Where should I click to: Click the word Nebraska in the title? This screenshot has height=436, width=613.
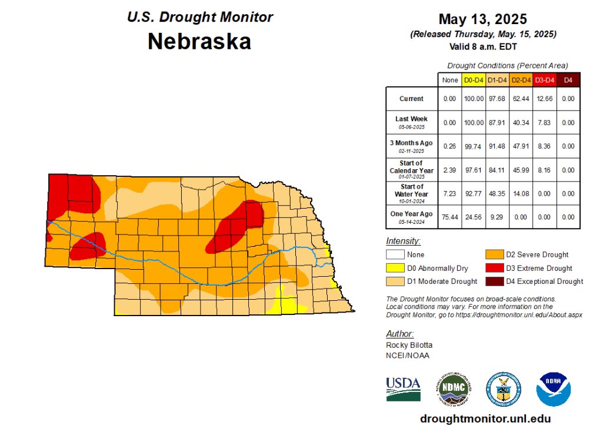coord(199,41)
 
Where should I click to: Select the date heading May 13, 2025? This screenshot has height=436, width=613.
coord(483,20)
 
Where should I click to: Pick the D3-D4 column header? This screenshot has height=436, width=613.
coord(544,80)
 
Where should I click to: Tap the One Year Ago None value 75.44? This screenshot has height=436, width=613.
coord(449,217)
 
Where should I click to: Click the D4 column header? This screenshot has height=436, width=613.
coord(568,80)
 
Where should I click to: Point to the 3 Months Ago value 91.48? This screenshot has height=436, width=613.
coord(497,146)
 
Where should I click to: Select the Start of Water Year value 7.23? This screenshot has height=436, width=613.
coord(449,193)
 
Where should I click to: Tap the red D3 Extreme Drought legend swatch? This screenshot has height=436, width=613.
coord(494,268)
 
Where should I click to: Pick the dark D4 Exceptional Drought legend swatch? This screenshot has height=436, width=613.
coord(494,281)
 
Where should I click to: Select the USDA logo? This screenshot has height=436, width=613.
coord(403,389)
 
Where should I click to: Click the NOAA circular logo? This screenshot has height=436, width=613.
coord(553,389)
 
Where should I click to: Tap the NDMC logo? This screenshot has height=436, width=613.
coord(454,389)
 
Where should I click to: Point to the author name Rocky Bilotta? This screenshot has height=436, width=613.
coord(409,345)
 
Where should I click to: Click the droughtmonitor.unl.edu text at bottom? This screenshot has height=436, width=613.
coord(485,419)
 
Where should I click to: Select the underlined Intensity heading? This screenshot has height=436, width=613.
coord(403,241)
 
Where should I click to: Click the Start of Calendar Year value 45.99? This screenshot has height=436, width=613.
coord(520,170)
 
